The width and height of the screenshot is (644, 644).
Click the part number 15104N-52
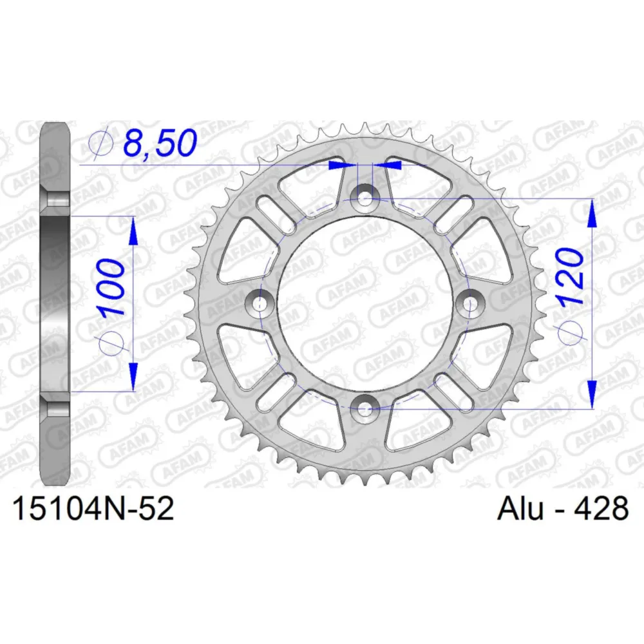coord(93,509)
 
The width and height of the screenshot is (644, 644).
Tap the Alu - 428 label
coord(563,509)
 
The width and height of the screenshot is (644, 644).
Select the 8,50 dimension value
coord(160,143)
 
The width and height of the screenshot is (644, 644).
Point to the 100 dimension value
coord(111,287)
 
